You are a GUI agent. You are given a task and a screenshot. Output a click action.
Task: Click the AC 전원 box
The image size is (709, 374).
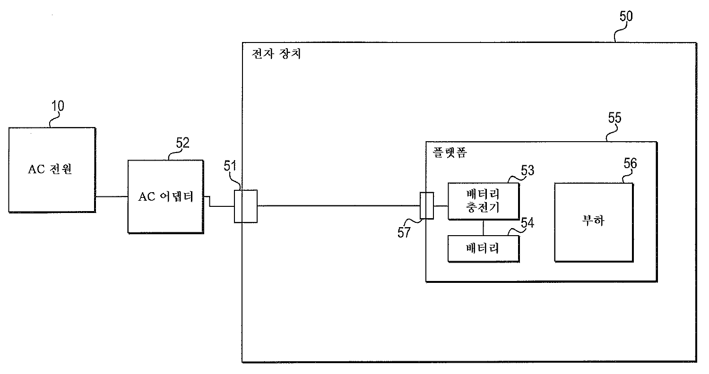[52, 170]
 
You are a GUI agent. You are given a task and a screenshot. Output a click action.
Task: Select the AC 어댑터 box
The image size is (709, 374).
[165, 196]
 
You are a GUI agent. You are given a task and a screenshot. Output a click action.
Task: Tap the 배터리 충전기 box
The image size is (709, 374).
[484, 201]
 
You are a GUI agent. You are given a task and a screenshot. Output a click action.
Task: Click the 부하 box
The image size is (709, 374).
[594, 222]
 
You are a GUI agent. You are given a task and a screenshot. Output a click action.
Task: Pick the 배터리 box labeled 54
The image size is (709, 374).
[484, 248]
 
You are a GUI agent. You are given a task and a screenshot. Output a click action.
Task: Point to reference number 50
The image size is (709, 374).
[626, 16]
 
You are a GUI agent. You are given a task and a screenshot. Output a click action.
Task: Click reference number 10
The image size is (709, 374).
[58, 106]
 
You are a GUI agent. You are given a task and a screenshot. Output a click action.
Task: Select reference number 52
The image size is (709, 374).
[182, 143]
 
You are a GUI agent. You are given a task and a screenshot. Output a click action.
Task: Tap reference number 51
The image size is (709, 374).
[230, 166]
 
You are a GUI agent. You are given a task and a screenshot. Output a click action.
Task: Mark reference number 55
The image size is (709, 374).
[614, 118]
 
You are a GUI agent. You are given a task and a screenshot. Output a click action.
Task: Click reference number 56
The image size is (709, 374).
[630, 163]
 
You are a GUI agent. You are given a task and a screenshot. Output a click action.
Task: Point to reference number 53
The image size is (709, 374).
[527, 170]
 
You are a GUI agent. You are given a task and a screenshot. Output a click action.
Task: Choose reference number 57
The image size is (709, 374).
[404, 232]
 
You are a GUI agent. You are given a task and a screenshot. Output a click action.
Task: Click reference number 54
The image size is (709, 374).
[527, 223]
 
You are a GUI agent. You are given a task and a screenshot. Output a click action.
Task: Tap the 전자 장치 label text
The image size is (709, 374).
[276, 54]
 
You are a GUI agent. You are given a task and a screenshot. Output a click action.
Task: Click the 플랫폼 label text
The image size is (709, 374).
[450, 153]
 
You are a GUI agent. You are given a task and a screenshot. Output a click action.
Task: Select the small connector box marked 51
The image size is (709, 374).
[246, 206]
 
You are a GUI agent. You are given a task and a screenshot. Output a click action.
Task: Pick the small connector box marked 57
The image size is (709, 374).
[427, 205]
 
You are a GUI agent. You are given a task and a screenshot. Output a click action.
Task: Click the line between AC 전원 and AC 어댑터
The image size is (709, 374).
[112, 196]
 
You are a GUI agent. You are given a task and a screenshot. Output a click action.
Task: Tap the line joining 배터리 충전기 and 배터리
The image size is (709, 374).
[484, 228]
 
